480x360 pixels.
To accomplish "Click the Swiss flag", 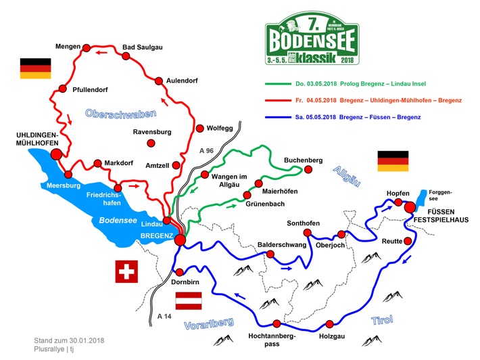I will (x=126, y=273).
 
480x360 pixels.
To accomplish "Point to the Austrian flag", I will (x=190, y=300).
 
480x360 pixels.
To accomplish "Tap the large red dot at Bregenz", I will (x=180, y=240).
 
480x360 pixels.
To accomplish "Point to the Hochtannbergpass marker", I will (x=276, y=323).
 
